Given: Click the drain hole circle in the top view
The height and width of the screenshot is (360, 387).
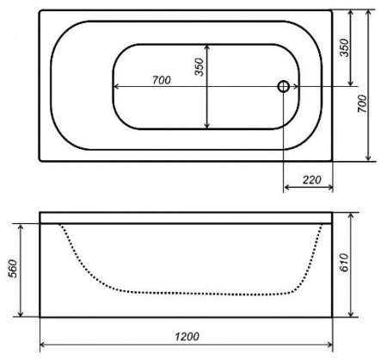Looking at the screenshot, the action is click(283, 86).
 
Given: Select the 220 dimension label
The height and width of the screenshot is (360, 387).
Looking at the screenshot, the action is click(312, 180).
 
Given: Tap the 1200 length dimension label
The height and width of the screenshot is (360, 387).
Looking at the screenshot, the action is click(187, 337).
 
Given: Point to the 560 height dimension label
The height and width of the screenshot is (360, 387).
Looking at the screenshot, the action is click(13, 269).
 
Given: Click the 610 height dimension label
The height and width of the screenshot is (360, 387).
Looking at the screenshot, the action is click(343, 263).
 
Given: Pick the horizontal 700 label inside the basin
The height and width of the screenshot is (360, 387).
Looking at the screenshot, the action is click(162, 80).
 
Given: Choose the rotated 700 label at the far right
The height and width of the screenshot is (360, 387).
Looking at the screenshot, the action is click(362, 103).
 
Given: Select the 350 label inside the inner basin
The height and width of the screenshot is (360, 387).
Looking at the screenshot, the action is click(199, 67).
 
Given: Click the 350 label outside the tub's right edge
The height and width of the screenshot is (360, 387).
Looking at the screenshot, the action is click(344, 48).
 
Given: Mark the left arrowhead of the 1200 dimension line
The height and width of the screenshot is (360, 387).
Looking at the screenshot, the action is click(42, 344).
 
